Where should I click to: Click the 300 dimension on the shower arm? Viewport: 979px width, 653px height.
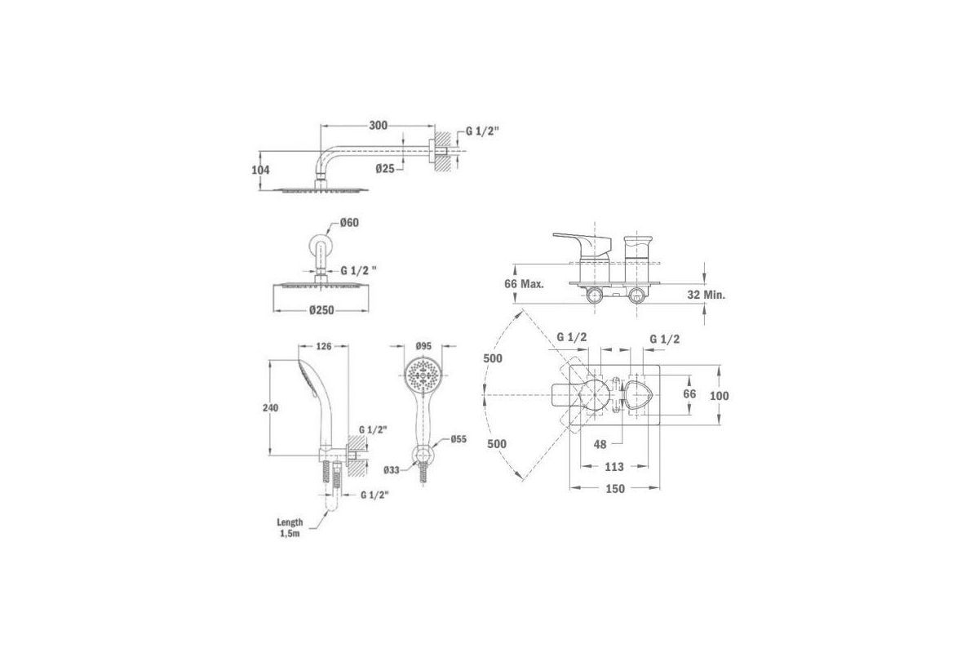pos(378,126)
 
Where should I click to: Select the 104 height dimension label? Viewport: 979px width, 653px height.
pos(260,170)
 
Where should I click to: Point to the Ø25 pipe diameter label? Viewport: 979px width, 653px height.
pos(385,168)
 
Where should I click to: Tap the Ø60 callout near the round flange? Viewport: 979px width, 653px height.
pos(349,223)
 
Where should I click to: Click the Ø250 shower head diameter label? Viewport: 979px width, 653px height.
pos(321,310)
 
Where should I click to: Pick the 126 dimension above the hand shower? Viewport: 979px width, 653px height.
pos(324,346)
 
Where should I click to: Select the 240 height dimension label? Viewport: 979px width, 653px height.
pos(271,407)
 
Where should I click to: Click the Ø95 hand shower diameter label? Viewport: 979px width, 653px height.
pos(423,346)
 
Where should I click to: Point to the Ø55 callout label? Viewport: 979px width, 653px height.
pos(458,439)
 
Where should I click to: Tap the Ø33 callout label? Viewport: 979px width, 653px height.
pos(392,470)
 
